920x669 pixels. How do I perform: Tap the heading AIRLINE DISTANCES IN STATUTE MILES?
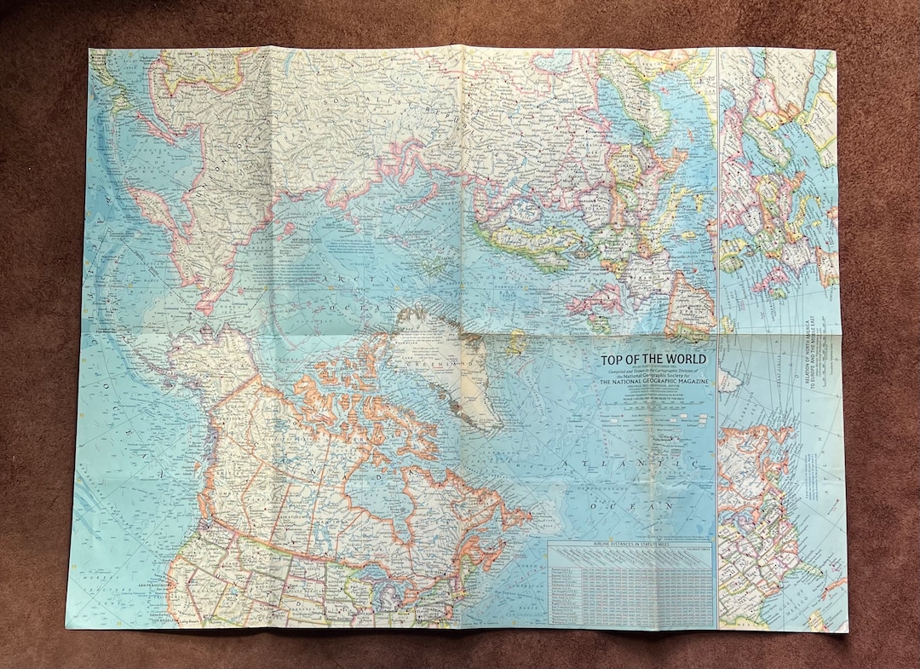(x=630, y=544)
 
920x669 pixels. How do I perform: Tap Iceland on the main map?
(x=516, y=343)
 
